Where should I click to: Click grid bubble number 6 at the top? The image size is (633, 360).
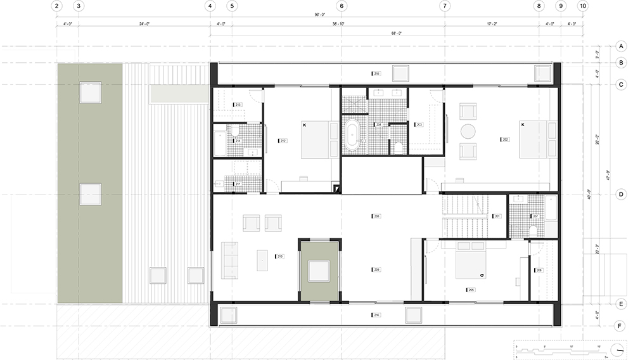coord(342,6)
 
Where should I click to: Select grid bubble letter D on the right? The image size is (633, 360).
coord(622,195)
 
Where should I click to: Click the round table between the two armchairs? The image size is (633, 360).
coord(468,131)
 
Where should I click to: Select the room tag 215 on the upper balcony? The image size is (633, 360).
coord(376,74)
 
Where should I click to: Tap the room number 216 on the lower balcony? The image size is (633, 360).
coord(376,314)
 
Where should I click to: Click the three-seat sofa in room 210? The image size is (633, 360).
coord(230,260)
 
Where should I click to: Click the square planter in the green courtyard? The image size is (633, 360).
coord(319,271)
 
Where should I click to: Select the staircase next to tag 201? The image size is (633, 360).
coord(464,217)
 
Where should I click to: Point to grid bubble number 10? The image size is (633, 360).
coord(582,6)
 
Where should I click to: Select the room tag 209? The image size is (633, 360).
coord(376,269)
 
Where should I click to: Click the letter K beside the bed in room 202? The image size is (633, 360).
coord(522,125)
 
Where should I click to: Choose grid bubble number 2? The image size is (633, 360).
coord(57,6)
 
